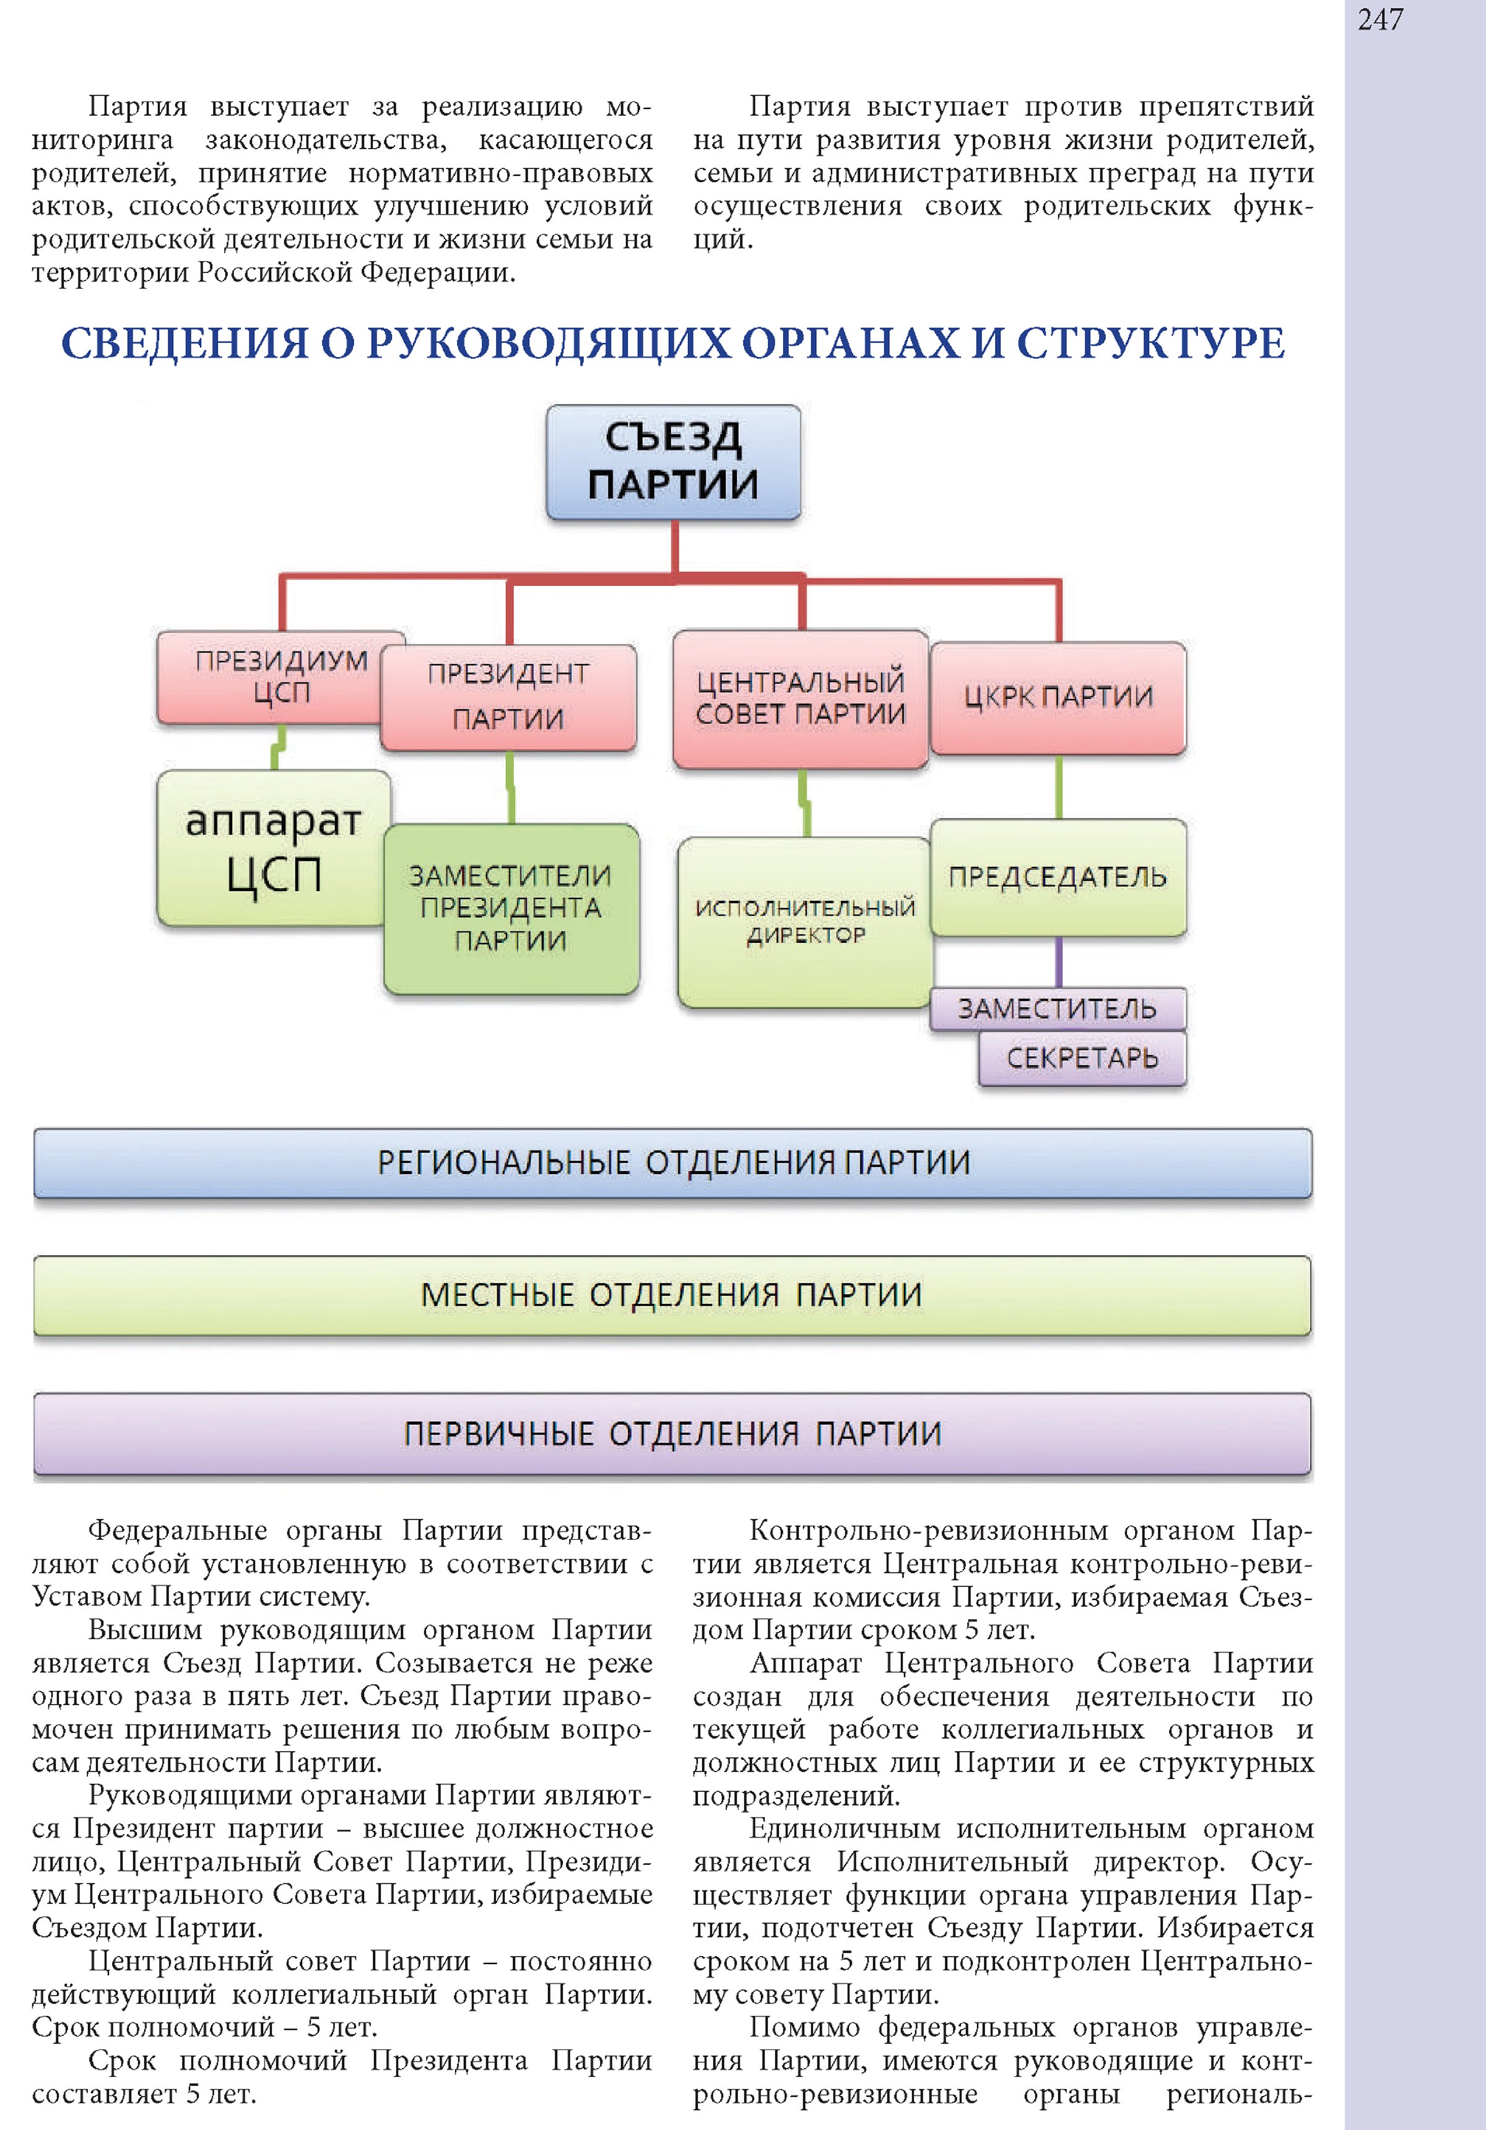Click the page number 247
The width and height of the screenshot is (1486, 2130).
(1380, 19)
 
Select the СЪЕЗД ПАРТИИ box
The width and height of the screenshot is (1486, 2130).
(674, 462)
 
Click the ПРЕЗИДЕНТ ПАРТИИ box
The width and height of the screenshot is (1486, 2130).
(508, 698)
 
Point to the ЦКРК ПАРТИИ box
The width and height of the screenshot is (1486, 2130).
(1058, 698)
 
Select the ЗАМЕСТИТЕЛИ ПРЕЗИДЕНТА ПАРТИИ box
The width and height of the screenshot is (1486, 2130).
(511, 909)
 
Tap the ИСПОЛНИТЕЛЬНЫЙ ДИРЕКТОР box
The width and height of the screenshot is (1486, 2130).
(805, 922)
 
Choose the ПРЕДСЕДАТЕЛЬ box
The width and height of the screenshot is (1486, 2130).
(1058, 877)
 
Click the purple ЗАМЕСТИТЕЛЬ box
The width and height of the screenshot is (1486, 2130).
(1058, 1009)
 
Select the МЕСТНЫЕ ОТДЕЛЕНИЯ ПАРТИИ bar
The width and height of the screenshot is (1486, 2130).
(672, 1296)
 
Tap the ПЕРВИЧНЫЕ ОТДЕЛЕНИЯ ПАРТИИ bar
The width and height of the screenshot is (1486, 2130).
(672, 1434)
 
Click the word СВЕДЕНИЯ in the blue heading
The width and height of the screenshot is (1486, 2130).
(185, 343)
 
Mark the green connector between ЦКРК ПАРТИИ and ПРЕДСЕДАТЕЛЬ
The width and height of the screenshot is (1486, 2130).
(1058, 787)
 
